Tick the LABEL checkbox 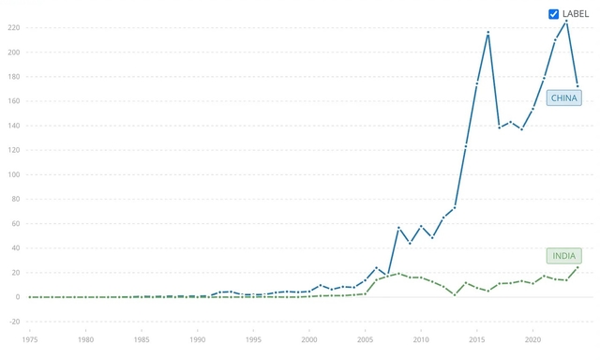[x=554, y=14]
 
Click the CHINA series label [x=564, y=97]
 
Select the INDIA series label [x=564, y=256]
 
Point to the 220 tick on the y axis [x=14, y=27]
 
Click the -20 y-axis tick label [x=12, y=322]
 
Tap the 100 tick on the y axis [x=14, y=174]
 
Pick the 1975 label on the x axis [x=29, y=338]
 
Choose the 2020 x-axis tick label [x=533, y=338]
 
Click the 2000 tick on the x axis [x=309, y=338]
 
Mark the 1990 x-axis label [x=197, y=338]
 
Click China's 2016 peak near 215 [x=488, y=33]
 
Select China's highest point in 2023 [x=566, y=22]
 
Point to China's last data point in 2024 [x=577, y=86]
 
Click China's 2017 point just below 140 [x=500, y=127]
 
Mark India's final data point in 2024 [x=577, y=267]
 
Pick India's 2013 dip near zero [x=455, y=294]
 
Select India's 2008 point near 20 [x=398, y=274]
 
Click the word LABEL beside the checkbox [x=576, y=14]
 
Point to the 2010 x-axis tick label [x=421, y=338]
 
